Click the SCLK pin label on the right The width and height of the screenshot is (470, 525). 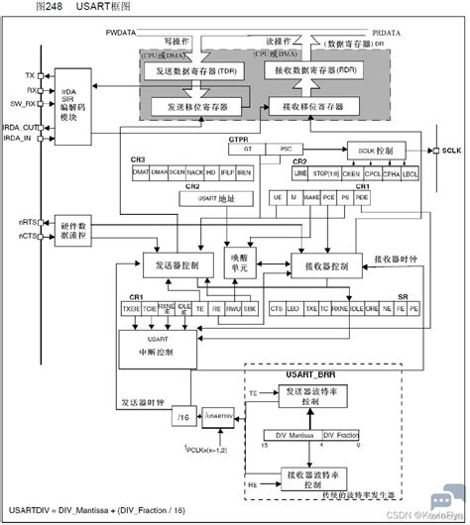pos(449,151)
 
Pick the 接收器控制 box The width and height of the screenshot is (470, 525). pos(320,266)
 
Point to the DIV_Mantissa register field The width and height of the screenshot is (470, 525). pos(291,435)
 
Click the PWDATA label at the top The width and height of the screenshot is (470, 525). pos(119,33)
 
